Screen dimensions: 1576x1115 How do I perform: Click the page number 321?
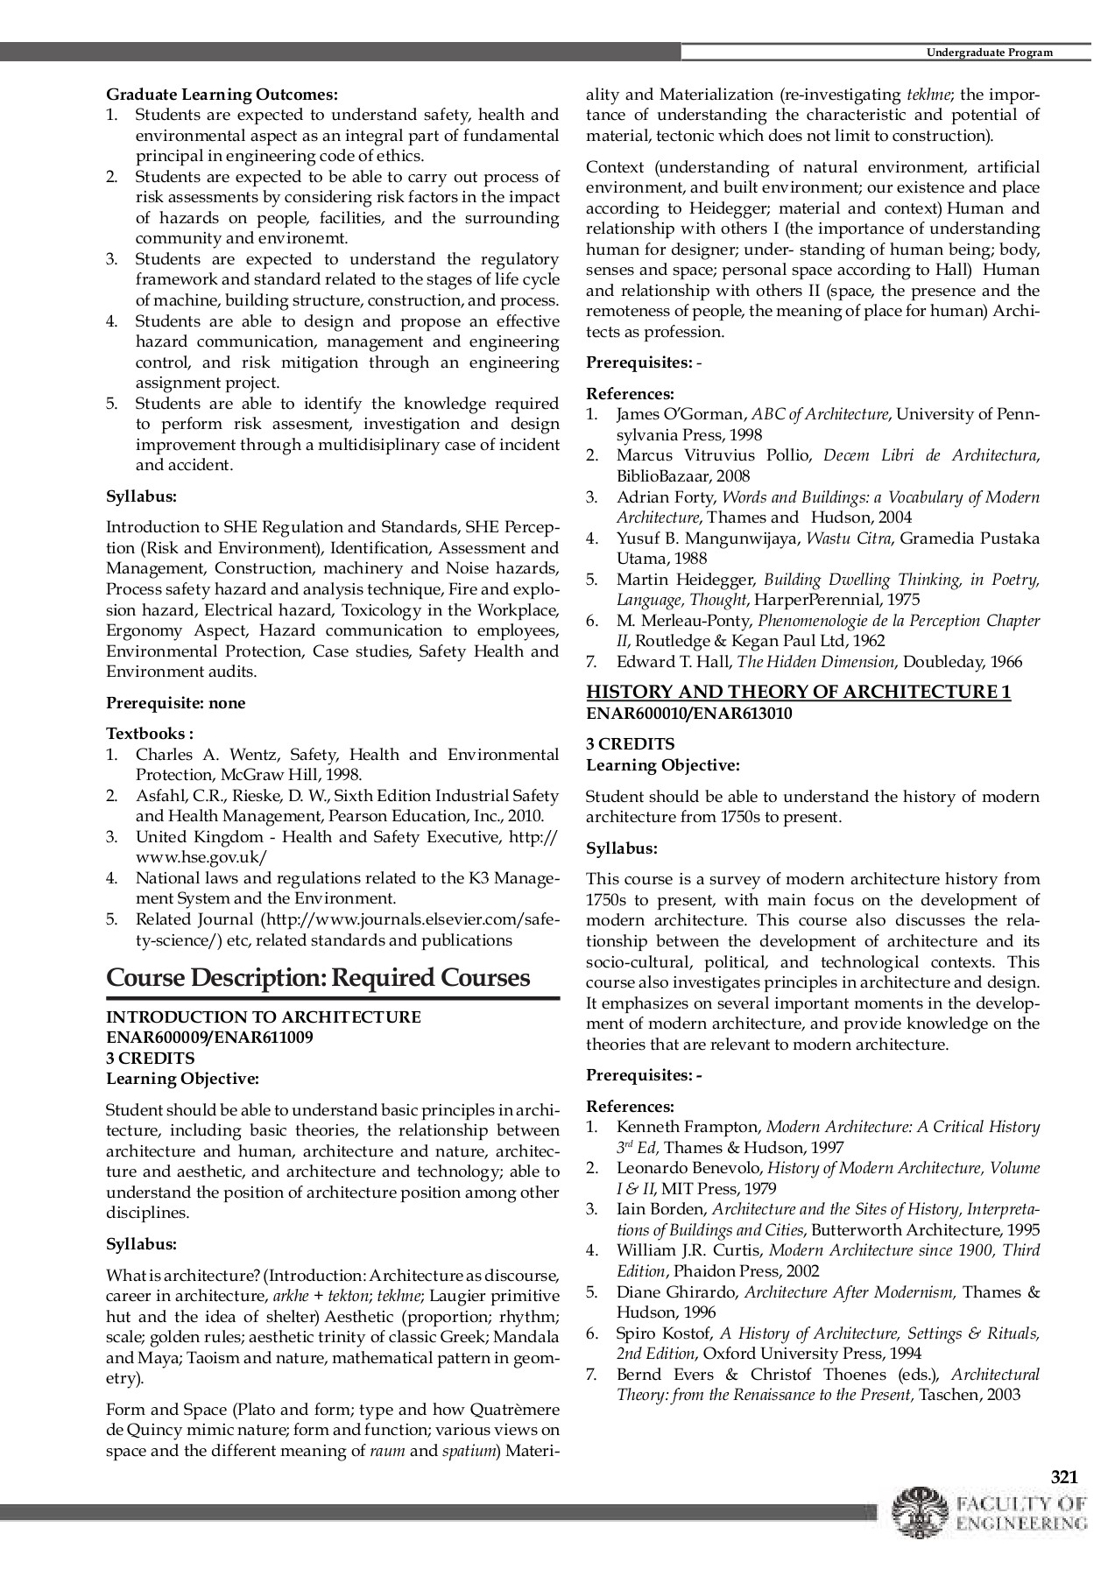(1063, 1477)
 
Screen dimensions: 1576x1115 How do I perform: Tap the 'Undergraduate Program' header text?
(989, 53)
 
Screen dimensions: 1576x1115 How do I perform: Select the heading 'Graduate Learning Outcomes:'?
(222, 94)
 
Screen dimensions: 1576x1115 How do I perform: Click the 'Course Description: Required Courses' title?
(318, 977)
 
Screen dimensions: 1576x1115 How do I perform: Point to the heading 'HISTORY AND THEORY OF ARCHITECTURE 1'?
(798, 692)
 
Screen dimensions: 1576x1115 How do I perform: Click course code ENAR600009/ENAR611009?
(209, 1038)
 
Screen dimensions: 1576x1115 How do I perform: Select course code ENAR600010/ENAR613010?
(688, 713)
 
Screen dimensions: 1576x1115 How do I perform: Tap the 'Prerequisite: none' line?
(175, 703)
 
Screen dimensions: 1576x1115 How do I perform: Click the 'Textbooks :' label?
(150, 734)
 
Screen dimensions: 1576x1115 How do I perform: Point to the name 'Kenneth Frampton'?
(688, 1127)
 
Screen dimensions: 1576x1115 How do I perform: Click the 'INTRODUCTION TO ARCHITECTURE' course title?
(263, 1017)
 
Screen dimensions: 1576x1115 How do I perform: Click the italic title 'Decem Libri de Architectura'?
(930, 455)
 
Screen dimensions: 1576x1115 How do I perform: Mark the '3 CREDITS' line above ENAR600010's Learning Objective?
(630, 744)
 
